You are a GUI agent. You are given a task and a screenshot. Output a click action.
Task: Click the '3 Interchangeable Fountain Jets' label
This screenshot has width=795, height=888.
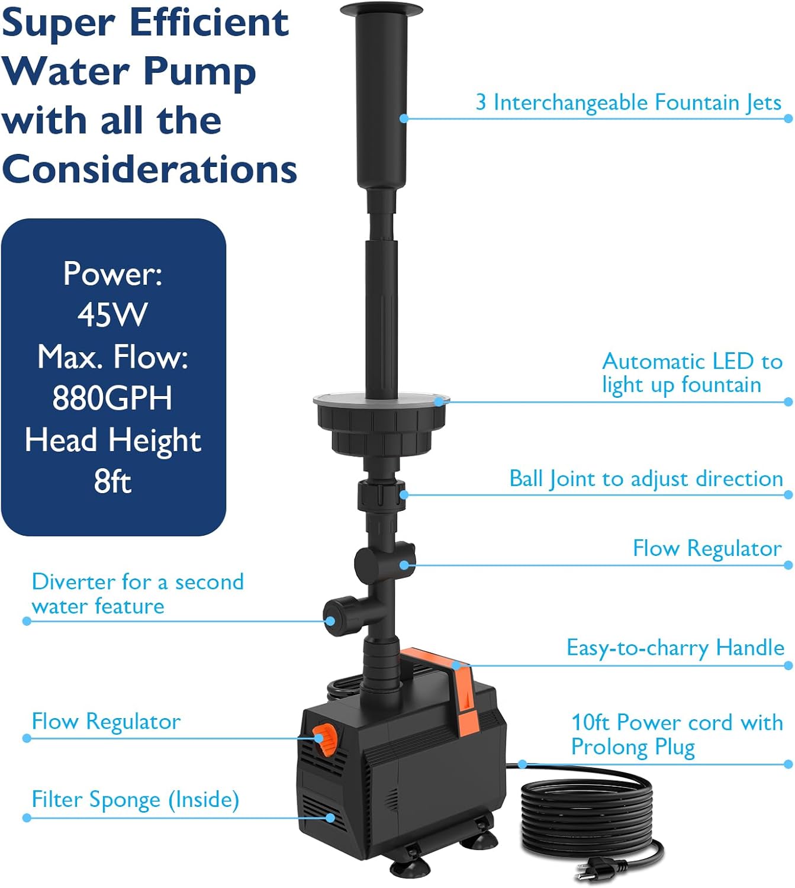tap(628, 102)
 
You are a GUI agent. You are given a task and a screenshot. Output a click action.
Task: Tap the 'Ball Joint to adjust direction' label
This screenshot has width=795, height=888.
tap(646, 478)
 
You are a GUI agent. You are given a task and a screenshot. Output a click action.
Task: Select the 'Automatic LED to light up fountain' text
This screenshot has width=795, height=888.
tap(692, 374)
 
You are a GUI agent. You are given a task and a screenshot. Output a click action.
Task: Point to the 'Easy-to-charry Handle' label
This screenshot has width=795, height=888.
tap(675, 648)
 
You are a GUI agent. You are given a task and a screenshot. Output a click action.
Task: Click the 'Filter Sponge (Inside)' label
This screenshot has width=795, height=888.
tap(136, 799)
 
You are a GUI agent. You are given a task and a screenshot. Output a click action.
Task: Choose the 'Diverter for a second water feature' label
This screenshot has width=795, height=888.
tap(137, 594)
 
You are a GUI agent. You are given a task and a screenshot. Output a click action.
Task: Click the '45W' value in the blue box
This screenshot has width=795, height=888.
tap(112, 314)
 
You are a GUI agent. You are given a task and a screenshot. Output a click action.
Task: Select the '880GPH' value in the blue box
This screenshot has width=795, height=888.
tap(112, 398)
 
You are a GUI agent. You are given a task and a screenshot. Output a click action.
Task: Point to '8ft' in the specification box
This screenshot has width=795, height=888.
tap(112, 481)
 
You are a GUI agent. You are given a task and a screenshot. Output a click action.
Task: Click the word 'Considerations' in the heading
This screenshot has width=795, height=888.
tap(149, 169)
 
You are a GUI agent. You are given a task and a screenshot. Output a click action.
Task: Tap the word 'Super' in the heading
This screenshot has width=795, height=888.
tap(58, 24)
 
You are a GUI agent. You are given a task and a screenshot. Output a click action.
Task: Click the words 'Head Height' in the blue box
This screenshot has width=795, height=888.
tap(112, 440)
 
